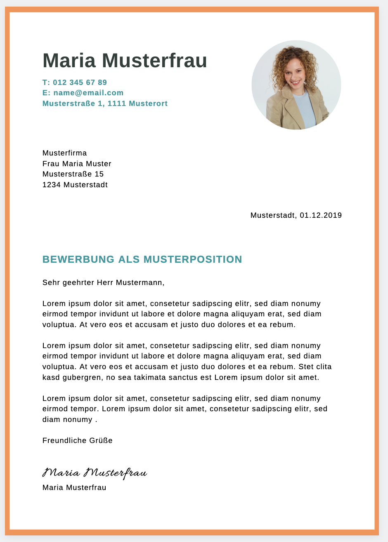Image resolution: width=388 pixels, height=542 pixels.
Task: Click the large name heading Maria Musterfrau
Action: [125, 61]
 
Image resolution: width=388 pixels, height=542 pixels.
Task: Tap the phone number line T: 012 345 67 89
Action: [75, 82]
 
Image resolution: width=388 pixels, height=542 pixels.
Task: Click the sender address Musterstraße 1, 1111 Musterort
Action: [105, 104]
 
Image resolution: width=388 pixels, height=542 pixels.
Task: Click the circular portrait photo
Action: [296, 85]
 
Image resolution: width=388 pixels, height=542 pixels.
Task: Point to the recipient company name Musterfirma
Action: [64, 153]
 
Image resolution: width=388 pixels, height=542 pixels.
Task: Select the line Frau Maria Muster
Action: [77, 164]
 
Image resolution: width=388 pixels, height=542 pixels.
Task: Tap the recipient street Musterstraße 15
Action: [73, 174]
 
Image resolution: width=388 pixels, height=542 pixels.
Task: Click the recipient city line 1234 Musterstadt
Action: [75, 185]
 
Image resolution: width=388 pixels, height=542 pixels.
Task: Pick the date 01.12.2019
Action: [321, 215]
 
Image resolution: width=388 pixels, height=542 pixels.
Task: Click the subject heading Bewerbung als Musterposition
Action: [142, 259]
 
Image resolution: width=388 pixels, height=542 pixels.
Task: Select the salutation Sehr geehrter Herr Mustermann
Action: [103, 283]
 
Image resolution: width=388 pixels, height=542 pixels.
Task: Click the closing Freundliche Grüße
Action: [77, 441]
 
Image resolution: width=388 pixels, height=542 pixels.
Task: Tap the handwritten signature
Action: [95, 473]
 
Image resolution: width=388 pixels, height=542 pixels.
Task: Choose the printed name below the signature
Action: [74, 488]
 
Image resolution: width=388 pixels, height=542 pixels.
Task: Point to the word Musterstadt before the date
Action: [273, 215]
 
